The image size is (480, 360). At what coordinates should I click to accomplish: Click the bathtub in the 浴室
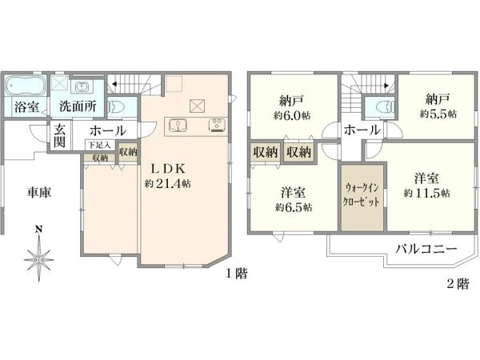(x=25, y=86)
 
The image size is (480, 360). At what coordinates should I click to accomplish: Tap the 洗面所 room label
(x=78, y=106)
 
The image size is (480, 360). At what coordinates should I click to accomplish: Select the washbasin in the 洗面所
(x=82, y=87)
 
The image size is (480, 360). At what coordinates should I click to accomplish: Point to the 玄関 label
(x=59, y=136)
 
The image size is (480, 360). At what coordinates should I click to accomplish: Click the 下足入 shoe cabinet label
(x=99, y=145)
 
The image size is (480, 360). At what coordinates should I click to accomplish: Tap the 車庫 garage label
(x=39, y=193)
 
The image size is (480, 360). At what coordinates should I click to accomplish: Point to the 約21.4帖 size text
(x=168, y=183)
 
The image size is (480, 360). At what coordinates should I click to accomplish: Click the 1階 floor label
(x=237, y=274)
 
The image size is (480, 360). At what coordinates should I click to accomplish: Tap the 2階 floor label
(x=458, y=284)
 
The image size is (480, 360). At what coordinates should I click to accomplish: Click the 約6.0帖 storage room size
(x=292, y=115)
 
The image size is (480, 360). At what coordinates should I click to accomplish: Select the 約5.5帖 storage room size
(x=438, y=114)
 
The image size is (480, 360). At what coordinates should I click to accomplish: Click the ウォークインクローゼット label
(x=362, y=194)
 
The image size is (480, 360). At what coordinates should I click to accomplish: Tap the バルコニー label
(x=426, y=249)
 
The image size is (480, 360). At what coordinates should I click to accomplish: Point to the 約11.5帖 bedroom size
(x=426, y=193)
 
